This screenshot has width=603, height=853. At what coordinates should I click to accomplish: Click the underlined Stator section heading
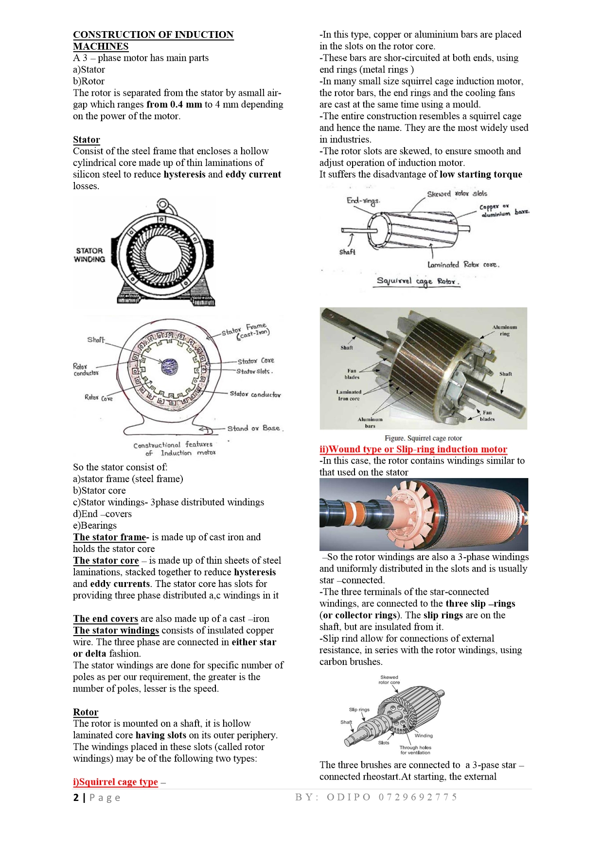(87, 140)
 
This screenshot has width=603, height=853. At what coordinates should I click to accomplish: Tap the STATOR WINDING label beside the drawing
(89, 255)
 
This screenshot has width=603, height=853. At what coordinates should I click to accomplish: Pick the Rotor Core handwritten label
(98, 398)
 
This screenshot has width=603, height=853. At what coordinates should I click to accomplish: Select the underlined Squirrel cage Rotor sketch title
(417, 282)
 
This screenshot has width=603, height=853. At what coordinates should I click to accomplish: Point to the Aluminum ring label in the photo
(505, 331)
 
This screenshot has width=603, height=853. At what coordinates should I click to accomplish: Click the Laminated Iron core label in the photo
(348, 395)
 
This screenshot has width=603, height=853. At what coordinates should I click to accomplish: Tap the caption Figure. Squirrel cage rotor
(423, 438)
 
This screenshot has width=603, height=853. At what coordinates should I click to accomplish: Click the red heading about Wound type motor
(413, 449)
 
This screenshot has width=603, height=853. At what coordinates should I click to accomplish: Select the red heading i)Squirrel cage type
(116, 782)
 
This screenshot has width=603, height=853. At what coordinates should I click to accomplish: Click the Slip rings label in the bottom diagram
(359, 710)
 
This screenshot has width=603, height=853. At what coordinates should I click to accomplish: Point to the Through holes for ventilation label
(415, 750)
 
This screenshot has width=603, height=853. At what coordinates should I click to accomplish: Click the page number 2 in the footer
(76, 798)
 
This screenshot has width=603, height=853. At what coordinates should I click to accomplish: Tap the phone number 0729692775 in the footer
(418, 797)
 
